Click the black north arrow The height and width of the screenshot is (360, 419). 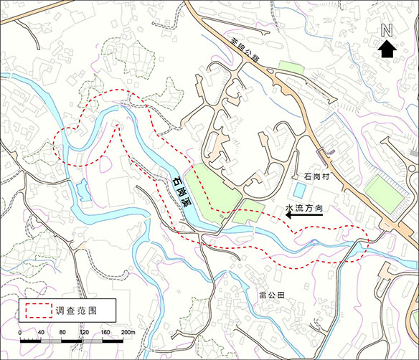coord(387,48)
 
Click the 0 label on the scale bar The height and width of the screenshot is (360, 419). coord(20,333)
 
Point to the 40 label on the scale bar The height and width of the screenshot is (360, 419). coord(42,333)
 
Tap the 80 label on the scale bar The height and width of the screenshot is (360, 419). coord(63,333)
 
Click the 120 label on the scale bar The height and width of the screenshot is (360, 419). coord(85,333)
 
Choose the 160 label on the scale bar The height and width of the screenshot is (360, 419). coord(106,333)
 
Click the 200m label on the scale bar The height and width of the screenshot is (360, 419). coord(128,333)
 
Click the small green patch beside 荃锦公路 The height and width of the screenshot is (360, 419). coord(291,68)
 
